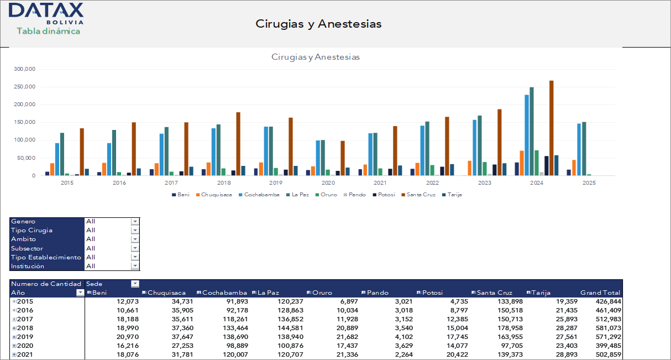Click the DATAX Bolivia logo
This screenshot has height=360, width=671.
(46, 13)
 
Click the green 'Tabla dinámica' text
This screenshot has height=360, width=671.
(48, 31)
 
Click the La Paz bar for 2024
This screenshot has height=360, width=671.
(532, 132)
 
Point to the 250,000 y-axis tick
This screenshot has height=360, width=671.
(25, 87)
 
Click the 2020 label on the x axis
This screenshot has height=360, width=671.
(328, 182)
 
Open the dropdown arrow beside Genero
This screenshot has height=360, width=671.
(135, 221)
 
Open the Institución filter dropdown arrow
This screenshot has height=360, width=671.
(135, 266)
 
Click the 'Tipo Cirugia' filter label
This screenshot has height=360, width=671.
(32, 230)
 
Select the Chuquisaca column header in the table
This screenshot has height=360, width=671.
(166, 293)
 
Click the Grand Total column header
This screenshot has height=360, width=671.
(600, 293)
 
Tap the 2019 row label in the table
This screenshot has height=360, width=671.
(26, 337)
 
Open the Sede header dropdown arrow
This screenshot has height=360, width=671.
(135, 284)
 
